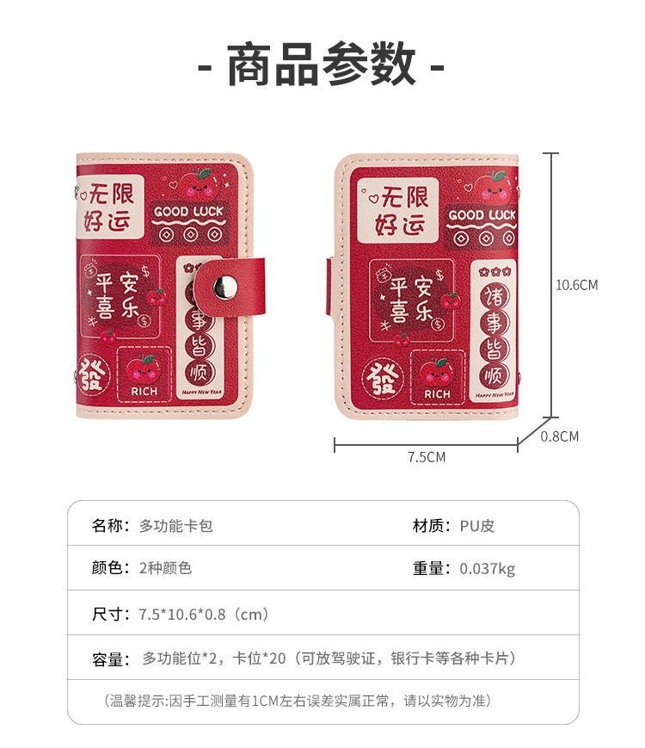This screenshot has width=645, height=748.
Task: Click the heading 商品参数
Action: click(322, 65)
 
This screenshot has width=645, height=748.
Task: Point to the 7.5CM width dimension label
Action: click(427, 457)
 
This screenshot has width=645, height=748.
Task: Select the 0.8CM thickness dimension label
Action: click(559, 436)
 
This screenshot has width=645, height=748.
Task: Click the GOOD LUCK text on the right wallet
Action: click(482, 214)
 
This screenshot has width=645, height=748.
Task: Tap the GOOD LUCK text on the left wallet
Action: click(188, 211)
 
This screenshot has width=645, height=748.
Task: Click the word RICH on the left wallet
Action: click(144, 392)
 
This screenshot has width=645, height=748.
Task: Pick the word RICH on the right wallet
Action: click(437, 394)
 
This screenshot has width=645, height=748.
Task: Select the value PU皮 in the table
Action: click(476, 525)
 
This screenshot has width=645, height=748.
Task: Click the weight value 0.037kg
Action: click(487, 568)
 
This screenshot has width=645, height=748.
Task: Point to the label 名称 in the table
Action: click(109, 525)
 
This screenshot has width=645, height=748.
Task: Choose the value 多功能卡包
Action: click(175, 525)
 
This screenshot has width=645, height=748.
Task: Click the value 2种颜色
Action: click(165, 568)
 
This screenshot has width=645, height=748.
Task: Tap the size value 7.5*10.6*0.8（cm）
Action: click(205, 614)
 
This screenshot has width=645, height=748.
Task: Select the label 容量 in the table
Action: click(109, 659)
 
